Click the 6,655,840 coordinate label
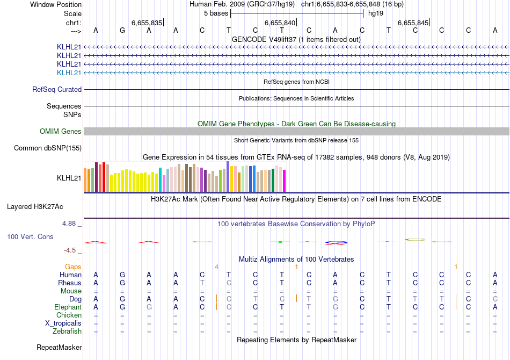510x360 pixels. coord(280,23)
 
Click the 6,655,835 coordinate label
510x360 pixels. coord(147,23)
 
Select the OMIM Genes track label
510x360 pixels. coord(61,132)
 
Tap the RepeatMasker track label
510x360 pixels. coord(59,348)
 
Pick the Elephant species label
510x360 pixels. coord(68,307)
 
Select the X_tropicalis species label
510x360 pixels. coord(63,323)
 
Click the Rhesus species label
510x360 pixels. coord(70,283)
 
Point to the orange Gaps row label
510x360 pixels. coord(73,267)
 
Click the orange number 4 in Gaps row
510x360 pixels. coord(216,267)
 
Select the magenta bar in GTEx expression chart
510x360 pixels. coord(285,181)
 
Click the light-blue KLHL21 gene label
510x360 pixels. coord(69,73)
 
